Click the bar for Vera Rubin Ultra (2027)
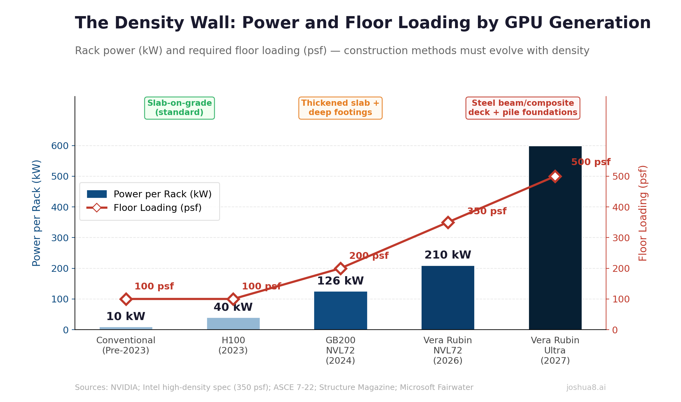click(x=555, y=247)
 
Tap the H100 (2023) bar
click(x=233, y=324)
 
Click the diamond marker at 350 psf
click(x=448, y=222)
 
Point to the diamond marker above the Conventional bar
click(x=126, y=299)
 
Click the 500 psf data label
click(x=591, y=162)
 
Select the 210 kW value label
click(x=448, y=255)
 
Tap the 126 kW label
click(x=340, y=281)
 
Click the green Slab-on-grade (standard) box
click(x=180, y=108)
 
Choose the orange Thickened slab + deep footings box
click(x=340, y=108)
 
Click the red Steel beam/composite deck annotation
click(x=523, y=108)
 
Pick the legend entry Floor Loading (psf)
click(x=157, y=208)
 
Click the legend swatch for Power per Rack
click(x=97, y=194)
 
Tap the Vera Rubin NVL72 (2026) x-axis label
click(x=448, y=350)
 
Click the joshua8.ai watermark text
click(x=586, y=387)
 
